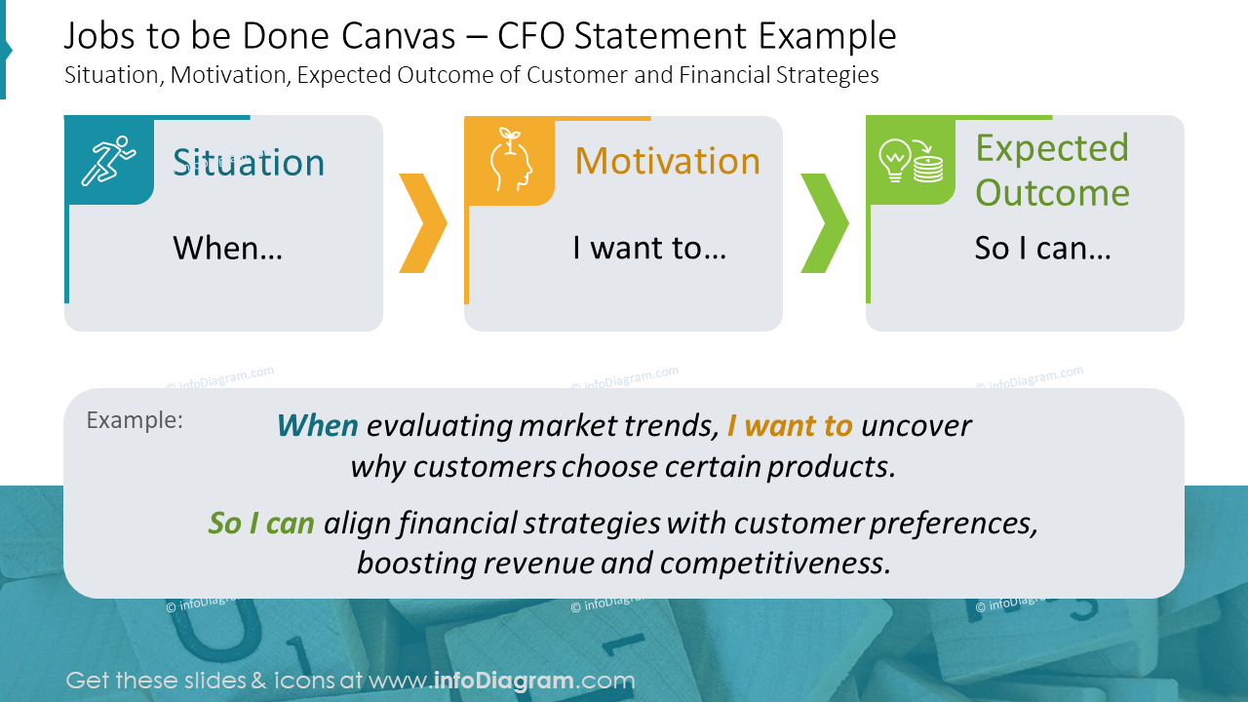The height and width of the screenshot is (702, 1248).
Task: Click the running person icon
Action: pyautogui.click(x=108, y=161)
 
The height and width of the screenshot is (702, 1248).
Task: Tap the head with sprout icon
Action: pyautogui.click(x=510, y=160)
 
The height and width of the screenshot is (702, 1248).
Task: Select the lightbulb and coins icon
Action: pyautogui.click(x=911, y=161)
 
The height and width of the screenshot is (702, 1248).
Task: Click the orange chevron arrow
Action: pyautogui.click(x=423, y=223)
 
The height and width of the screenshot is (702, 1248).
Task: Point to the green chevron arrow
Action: pyautogui.click(x=825, y=223)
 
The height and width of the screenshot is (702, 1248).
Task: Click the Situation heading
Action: pyautogui.click(x=249, y=163)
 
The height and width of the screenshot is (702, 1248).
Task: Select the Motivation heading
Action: pyautogui.click(x=668, y=161)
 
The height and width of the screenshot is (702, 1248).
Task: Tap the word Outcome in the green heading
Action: pyautogui.click(x=1052, y=193)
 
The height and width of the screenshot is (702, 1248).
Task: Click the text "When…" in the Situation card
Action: pyautogui.click(x=227, y=248)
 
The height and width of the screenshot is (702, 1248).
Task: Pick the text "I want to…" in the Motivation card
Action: pyautogui.click(x=649, y=248)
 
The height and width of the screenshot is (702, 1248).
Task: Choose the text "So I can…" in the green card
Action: pyautogui.click(x=1043, y=248)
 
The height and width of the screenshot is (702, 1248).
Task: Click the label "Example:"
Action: pyautogui.click(x=135, y=420)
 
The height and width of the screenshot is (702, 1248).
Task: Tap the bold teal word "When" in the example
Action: pyautogui.click(x=318, y=426)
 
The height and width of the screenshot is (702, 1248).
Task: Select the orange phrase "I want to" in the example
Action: pyautogui.click(x=790, y=426)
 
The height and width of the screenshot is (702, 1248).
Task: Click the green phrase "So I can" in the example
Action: pyautogui.click(x=261, y=524)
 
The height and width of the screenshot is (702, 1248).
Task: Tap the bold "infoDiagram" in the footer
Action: pyautogui.click(x=504, y=681)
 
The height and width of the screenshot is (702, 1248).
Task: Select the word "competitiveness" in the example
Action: pyautogui.click(x=775, y=564)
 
